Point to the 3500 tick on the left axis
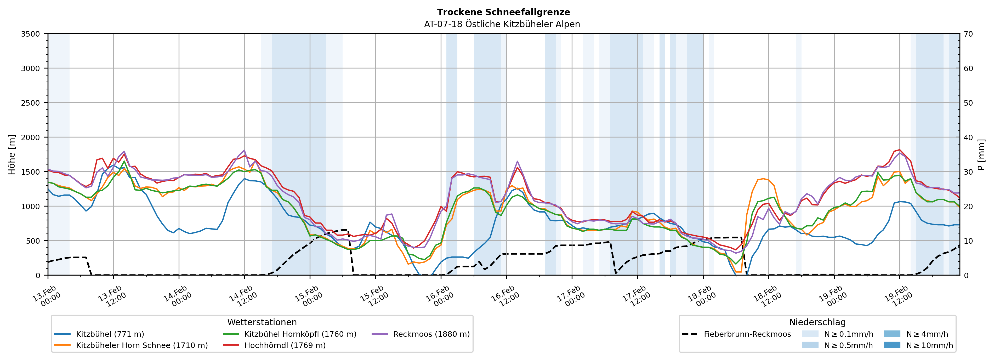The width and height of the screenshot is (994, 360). coord(31,34)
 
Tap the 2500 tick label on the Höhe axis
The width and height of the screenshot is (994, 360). coord(31,103)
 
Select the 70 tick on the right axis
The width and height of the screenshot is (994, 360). coord(968,34)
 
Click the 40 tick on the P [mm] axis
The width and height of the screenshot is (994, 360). coord(968,137)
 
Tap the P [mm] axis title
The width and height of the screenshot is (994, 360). coord(981,154)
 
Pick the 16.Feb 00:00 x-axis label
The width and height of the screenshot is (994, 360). coord(439,297)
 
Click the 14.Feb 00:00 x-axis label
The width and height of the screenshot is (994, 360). coord(177,297)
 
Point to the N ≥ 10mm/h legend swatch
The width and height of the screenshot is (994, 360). coord(892,345)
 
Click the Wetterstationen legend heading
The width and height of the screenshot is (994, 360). coord(262,322)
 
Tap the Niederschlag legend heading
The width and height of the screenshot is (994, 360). coord(817,322)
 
